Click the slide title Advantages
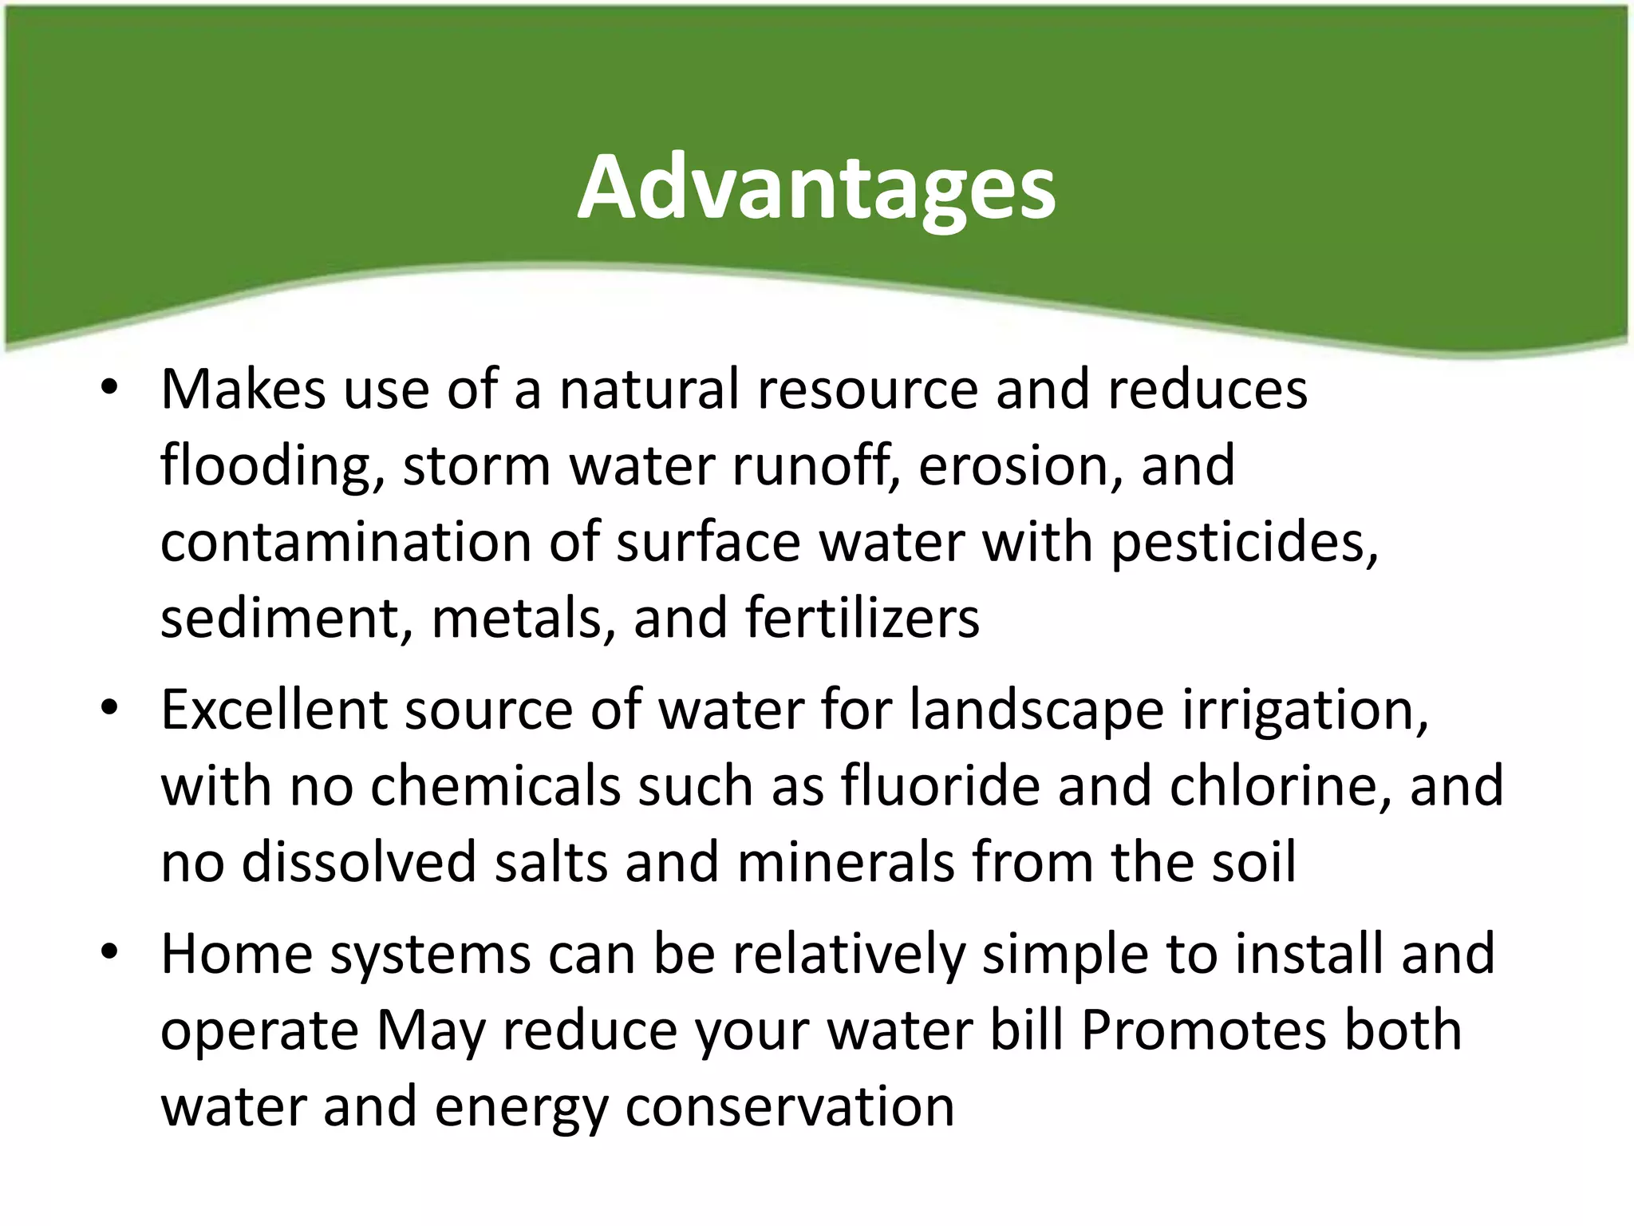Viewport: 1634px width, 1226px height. point(816,188)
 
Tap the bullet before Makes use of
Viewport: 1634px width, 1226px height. point(110,388)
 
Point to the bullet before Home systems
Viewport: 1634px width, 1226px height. point(110,952)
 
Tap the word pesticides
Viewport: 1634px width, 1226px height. point(1242,543)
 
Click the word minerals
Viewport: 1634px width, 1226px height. point(845,862)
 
